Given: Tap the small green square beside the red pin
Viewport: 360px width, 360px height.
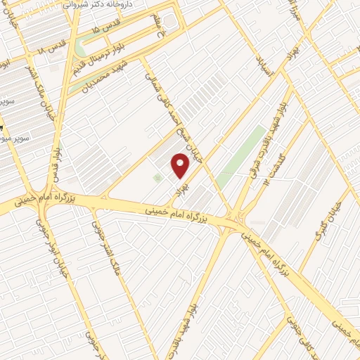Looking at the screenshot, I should [157, 179].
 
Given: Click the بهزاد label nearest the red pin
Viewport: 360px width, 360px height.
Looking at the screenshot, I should [185, 186].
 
